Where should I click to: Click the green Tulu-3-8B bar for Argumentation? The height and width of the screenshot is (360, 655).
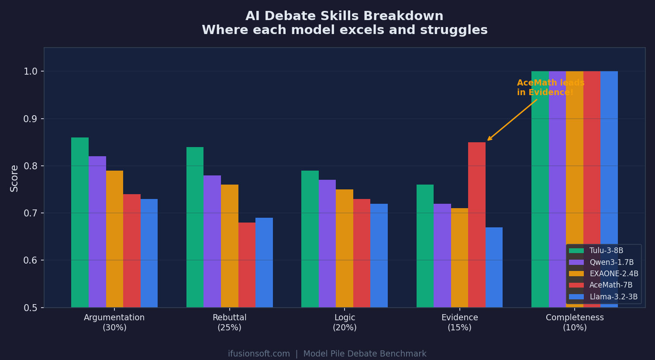pyautogui.click(x=80, y=223)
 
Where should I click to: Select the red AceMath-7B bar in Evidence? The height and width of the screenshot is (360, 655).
pyautogui.click(x=477, y=225)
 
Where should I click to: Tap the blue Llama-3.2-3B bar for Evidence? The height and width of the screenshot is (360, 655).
pyautogui.click(x=494, y=267)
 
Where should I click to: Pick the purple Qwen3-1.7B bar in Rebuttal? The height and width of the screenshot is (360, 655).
pyautogui.click(x=212, y=241)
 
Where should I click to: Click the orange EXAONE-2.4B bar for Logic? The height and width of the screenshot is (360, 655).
pyautogui.click(x=345, y=248)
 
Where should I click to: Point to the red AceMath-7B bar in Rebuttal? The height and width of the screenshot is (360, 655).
pyautogui.click(x=247, y=265)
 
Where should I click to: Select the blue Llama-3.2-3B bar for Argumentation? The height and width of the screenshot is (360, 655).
pyautogui.click(x=149, y=253)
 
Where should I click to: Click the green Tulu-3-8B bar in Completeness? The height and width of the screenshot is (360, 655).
pyautogui.click(x=540, y=188)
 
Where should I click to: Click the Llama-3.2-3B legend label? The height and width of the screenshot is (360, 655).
pyautogui.click(x=613, y=297)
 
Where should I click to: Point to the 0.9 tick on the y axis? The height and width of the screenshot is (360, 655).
pyautogui.click(x=31, y=119)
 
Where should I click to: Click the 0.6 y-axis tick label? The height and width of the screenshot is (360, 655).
pyautogui.click(x=31, y=261)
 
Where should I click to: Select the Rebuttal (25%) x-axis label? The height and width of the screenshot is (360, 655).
pyautogui.click(x=229, y=322)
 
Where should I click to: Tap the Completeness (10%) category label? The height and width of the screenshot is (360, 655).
pyautogui.click(x=575, y=322)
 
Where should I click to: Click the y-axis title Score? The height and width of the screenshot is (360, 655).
pyautogui.click(x=14, y=178)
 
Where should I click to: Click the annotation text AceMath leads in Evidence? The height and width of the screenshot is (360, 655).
pyautogui.click(x=550, y=88)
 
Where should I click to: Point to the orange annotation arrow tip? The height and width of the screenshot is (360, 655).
pyautogui.click(x=488, y=141)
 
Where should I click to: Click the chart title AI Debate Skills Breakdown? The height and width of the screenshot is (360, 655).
pyautogui.click(x=345, y=17)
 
